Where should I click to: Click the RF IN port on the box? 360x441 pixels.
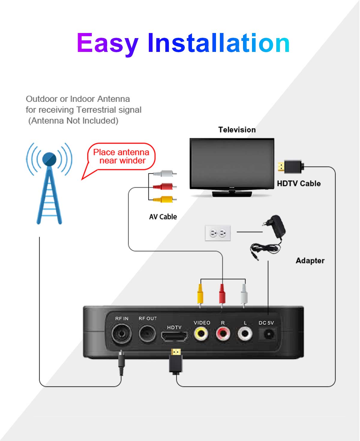click(x=121, y=333)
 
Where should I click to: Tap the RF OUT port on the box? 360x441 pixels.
click(x=147, y=333)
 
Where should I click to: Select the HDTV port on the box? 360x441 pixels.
click(x=174, y=337)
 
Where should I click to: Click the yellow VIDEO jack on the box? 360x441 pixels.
click(x=201, y=333)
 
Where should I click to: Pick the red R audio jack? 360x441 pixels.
click(x=223, y=333)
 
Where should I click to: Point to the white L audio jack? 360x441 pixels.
click(x=245, y=333)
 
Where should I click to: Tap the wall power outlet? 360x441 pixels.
click(x=218, y=233)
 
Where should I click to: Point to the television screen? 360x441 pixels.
click(x=232, y=163)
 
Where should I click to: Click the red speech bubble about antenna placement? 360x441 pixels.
click(x=121, y=157)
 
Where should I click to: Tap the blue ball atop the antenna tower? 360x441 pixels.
click(x=49, y=159)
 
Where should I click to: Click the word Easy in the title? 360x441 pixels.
click(x=107, y=43)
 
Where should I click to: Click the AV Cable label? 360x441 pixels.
click(x=163, y=217)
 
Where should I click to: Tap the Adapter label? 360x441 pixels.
click(x=310, y=260)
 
